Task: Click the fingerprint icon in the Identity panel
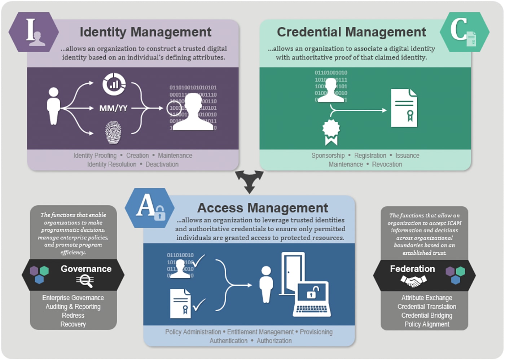(113, 133)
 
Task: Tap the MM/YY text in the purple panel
(113, 108)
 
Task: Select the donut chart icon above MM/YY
(114, 84)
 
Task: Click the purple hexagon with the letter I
(34, 32)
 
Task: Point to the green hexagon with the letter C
(464, 32)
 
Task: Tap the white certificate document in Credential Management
(404, 108)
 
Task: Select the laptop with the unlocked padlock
(311, 299)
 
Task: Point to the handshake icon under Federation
(413, 281)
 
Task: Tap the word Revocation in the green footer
(387, 164)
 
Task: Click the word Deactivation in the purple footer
(162, 164)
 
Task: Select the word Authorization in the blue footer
(274, 341)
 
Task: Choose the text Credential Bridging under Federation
(427, 316)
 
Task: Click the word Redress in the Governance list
(73, 316)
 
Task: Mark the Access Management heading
(262, 208)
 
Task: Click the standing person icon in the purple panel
(53, 106)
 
